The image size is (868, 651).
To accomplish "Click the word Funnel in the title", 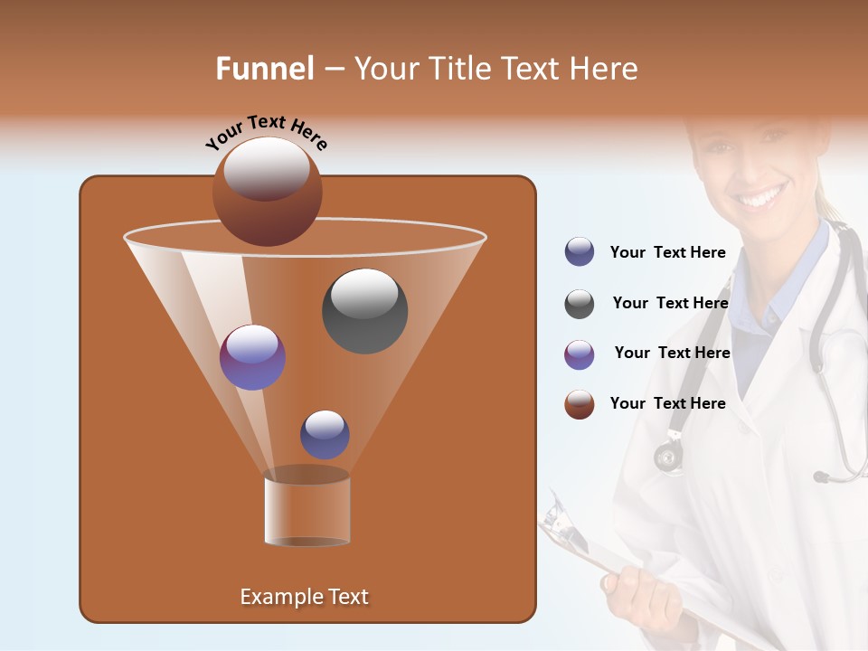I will tap(264, 69).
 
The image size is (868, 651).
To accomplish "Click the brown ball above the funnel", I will tap(267, 192).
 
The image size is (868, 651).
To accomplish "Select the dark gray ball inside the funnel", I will tap(364, 311).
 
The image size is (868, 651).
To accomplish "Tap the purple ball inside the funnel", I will tap(252, 357).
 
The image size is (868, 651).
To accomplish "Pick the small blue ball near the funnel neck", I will tap(325, 434).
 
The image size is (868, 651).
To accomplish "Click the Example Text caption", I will tap(304, 597).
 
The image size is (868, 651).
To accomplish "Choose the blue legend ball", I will tap(580, 251).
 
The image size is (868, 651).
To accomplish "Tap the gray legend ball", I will tap(580, 304).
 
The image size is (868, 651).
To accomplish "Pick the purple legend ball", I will tap(580, 354).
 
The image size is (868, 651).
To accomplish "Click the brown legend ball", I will tap(580, 404).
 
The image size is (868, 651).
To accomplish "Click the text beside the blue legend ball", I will tap(667, 252).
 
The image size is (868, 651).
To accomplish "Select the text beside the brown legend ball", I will tap(667, 403).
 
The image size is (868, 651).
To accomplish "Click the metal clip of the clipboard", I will tap(557, 517).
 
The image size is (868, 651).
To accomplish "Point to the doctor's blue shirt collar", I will tap(796, 271).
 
